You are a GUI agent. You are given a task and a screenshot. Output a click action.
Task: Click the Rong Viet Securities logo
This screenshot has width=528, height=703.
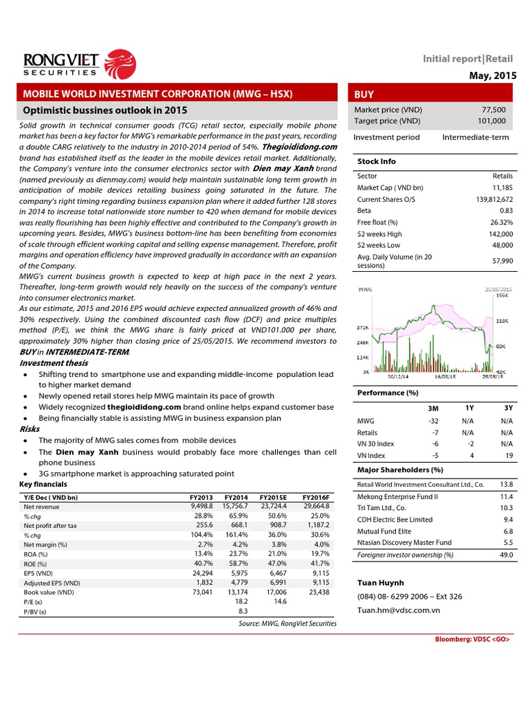coord(75,62)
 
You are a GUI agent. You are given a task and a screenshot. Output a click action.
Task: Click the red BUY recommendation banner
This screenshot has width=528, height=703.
coord(430,93)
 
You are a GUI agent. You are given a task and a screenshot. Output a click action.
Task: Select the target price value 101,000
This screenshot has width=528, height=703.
coord(493,121)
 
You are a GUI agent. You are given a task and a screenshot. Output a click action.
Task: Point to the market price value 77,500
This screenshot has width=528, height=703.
coord(495,110)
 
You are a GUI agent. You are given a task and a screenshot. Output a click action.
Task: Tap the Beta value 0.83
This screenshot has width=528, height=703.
coord(505,210)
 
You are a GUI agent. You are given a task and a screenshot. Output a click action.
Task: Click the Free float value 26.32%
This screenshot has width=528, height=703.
coord(501,222)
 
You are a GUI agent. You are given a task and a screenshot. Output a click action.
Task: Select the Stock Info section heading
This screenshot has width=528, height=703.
coord(377,161)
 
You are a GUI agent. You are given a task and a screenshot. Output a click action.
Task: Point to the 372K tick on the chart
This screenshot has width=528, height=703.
coord(362,328)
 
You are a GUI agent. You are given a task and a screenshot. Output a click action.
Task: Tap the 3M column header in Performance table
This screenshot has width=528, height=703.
coord(434,408)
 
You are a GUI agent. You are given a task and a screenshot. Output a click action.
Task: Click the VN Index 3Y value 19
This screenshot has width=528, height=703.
coord(508,454)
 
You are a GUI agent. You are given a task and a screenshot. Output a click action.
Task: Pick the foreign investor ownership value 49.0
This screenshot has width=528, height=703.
coord(506,554)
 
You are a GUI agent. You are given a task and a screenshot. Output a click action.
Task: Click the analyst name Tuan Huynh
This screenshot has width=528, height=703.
coord(380,583)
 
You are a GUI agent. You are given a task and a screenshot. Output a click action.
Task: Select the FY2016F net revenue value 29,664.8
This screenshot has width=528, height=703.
coord(315,506)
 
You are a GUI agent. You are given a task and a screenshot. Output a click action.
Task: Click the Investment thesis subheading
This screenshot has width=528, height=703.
coord(54,362)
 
